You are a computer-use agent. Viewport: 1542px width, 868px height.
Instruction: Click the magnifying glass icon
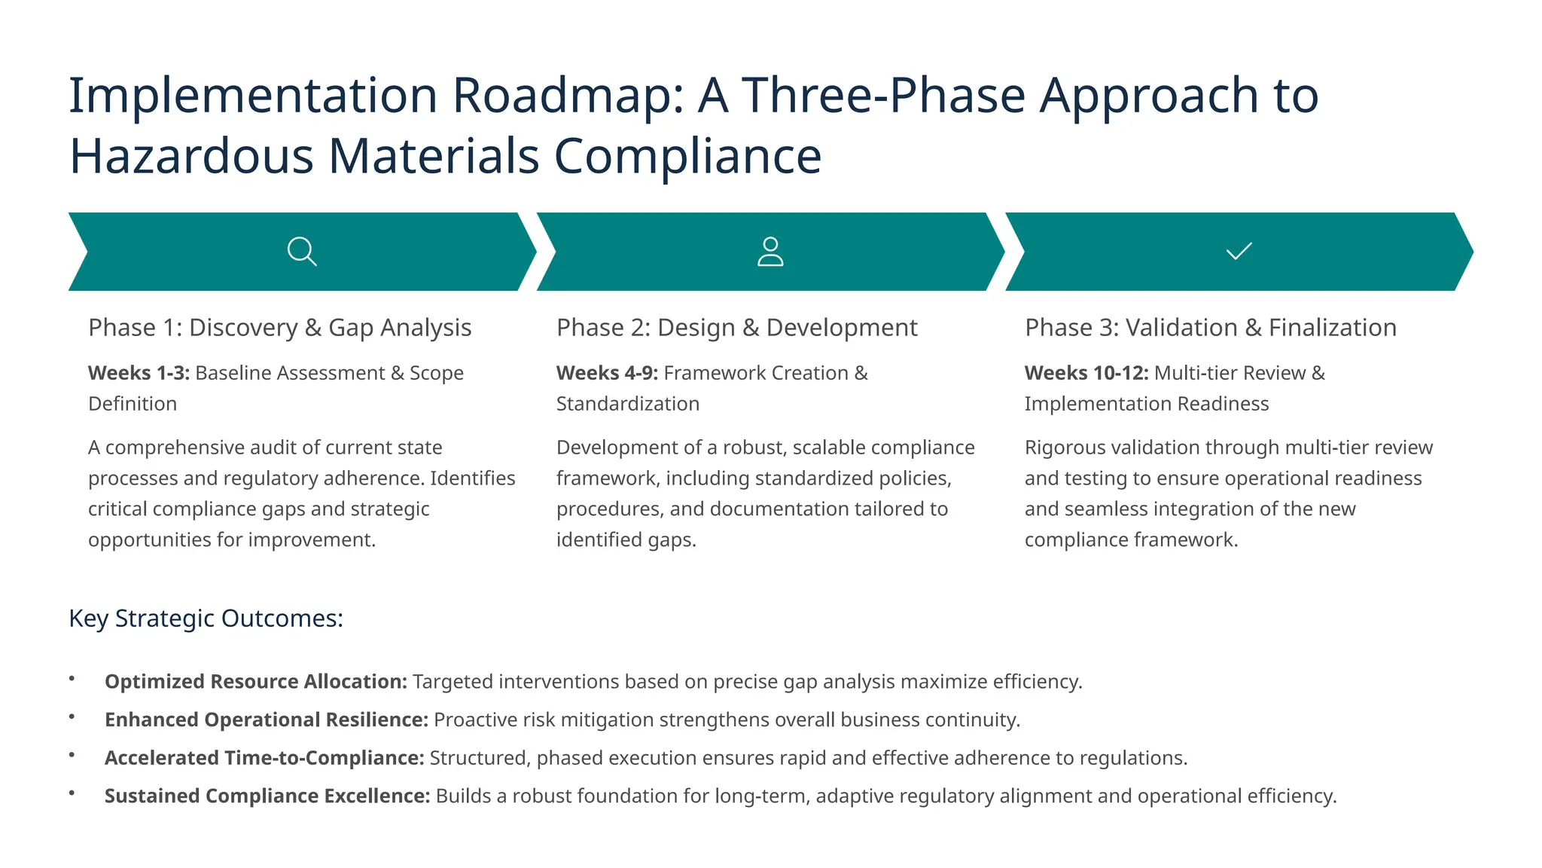click(302, 251)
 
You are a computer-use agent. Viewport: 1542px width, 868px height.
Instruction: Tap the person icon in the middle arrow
click(769, 252)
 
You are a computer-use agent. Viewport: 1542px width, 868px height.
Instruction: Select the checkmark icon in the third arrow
click(1239, 251)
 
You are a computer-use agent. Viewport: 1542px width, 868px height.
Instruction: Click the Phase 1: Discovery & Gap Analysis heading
click(279, 328)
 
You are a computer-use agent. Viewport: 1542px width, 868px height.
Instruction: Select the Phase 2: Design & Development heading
click(736, 328)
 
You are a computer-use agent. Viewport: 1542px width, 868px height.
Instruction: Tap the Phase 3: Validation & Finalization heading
click(1210, 328)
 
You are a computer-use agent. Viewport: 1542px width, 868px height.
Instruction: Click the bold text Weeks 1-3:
click(139, 373)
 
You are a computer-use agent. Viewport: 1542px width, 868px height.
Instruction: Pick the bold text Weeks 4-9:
click(607, 373)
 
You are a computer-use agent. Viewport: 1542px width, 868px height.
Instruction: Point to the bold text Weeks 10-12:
click(1086, 373)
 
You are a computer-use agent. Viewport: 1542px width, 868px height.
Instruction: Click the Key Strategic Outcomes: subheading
click(206, 619)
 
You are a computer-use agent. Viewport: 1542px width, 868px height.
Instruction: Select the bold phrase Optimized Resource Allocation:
click(256, 682)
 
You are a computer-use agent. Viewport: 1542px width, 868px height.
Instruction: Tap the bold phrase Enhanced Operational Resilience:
click(267, 720)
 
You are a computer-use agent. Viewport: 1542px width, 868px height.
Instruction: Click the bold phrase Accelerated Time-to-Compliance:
click(264, 758)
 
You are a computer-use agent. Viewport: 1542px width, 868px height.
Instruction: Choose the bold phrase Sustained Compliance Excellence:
click(267, 796)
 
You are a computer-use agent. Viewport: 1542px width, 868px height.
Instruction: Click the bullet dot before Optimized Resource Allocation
click(72, 679)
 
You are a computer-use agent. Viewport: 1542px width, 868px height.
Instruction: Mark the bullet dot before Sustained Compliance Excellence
click(72, 793)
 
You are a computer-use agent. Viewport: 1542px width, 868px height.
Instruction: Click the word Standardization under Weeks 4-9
click(627, 404)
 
